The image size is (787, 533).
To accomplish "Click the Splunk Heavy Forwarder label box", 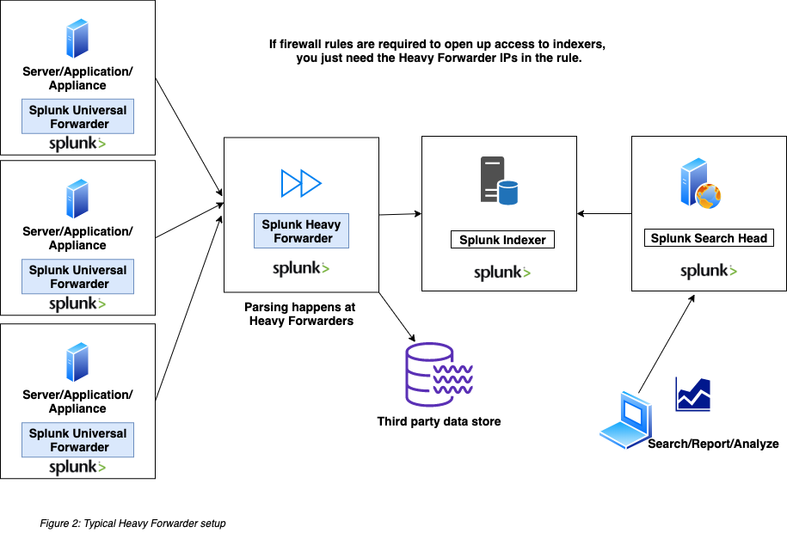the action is [x=301, y=231].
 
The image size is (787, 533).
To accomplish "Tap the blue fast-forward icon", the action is [x=301, y=183].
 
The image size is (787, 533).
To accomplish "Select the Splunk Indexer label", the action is [x=502, y=240].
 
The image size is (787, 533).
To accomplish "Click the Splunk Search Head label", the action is [x=709, y=238].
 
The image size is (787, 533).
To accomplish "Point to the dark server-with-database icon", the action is [x=499, y=181].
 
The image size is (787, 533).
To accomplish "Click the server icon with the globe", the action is [x=701, y=183].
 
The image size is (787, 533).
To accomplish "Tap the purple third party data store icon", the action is [x=439, y=375].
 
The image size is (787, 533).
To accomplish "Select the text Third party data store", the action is [x=439, y=421].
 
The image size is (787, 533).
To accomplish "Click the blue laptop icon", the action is [x=626, y=420].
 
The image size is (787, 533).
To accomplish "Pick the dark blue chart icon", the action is [x=693, y=395].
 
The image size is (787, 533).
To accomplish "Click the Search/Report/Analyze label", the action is [x=713, y=444].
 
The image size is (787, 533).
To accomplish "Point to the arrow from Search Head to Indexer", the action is [x=605, y=214].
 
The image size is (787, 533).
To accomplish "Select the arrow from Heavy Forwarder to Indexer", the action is [x=400, y=214].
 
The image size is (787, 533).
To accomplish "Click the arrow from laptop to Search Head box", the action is [x=667, y=344].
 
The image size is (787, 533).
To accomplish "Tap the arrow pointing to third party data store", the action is [x=397, y=316].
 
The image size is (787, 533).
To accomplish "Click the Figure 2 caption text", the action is [x=132, y=523].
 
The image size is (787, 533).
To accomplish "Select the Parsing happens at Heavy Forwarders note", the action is [x=300, y=314].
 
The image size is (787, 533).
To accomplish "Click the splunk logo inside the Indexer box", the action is [x=502, y=273].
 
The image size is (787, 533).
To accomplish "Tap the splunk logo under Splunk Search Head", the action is [x=709, y=271].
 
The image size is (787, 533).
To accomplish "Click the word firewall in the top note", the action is [x=301, y=44].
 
